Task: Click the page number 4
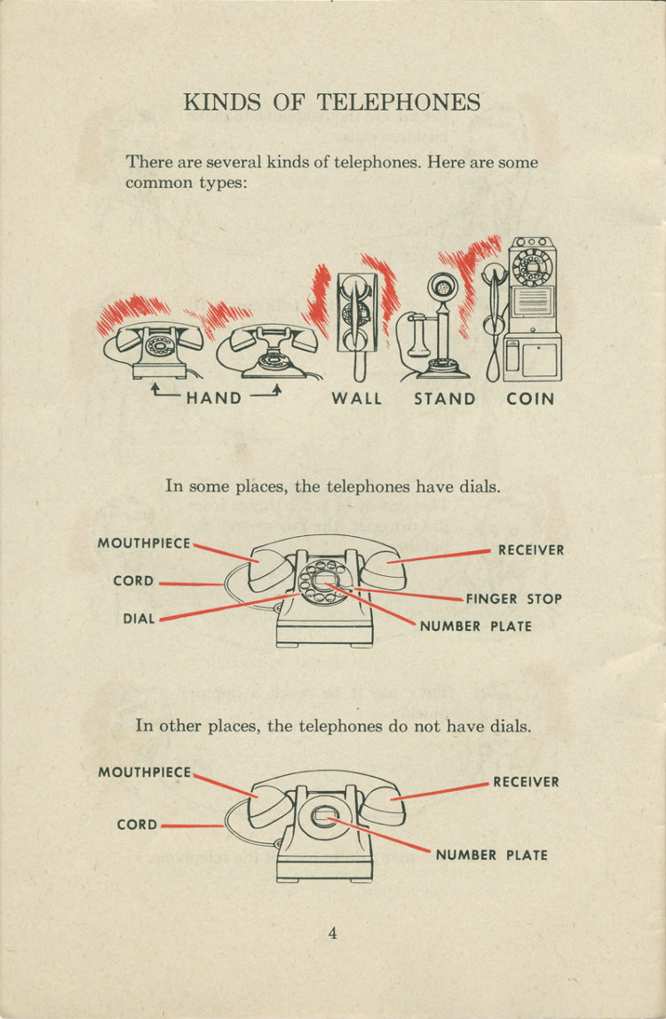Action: [x=332, y=933]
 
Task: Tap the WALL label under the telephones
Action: [x=357, y=399]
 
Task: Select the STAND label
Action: [x=445, y=399]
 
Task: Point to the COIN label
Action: [x=530, y=399]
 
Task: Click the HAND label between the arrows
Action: [x=214, y=398]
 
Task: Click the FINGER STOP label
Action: [x=514, y=599]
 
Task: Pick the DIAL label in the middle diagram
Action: [x=139, y=619]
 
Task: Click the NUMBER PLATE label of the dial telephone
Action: [x=476, y=626]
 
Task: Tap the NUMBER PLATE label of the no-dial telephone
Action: [x=491, y=856]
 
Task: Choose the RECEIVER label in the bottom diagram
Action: [x=526, y=782]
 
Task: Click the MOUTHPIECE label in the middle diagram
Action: [x=144, y=543]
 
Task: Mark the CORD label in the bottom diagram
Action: [x=137, y=825]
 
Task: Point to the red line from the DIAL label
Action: [x=222, y=608]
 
